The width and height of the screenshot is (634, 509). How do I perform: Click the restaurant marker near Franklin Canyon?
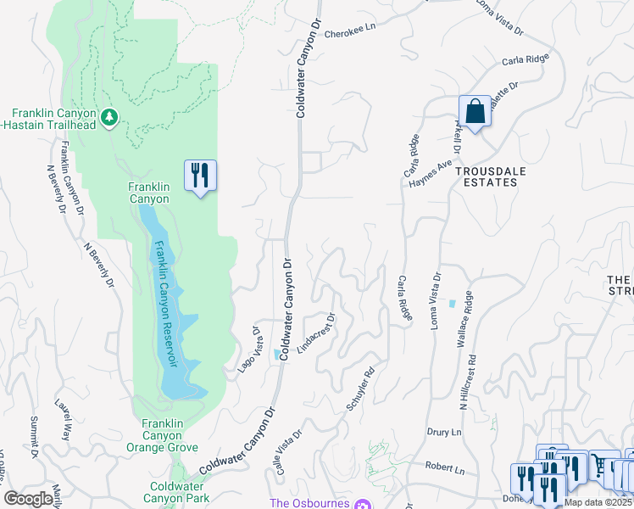(x=200, y=176)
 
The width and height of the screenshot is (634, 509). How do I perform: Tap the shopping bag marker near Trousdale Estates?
(x=475, y=111)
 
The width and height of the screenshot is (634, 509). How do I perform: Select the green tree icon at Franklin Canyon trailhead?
(x=108, y=116)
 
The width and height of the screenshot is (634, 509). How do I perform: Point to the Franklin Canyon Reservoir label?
(x=165, y=303)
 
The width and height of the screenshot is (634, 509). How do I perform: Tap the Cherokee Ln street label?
(x=348, y=49)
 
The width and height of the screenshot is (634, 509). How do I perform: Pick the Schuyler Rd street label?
(x=361, y=389)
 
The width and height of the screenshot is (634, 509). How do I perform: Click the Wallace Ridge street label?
(x=464, y=320)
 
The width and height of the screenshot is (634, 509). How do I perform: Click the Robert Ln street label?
(x=445, y=469)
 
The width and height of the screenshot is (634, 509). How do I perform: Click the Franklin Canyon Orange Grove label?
(x=170, y=435)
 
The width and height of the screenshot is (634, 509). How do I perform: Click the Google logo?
(x=29, y=499)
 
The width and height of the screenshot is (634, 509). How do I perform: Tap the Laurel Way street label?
(x=62, y=420)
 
